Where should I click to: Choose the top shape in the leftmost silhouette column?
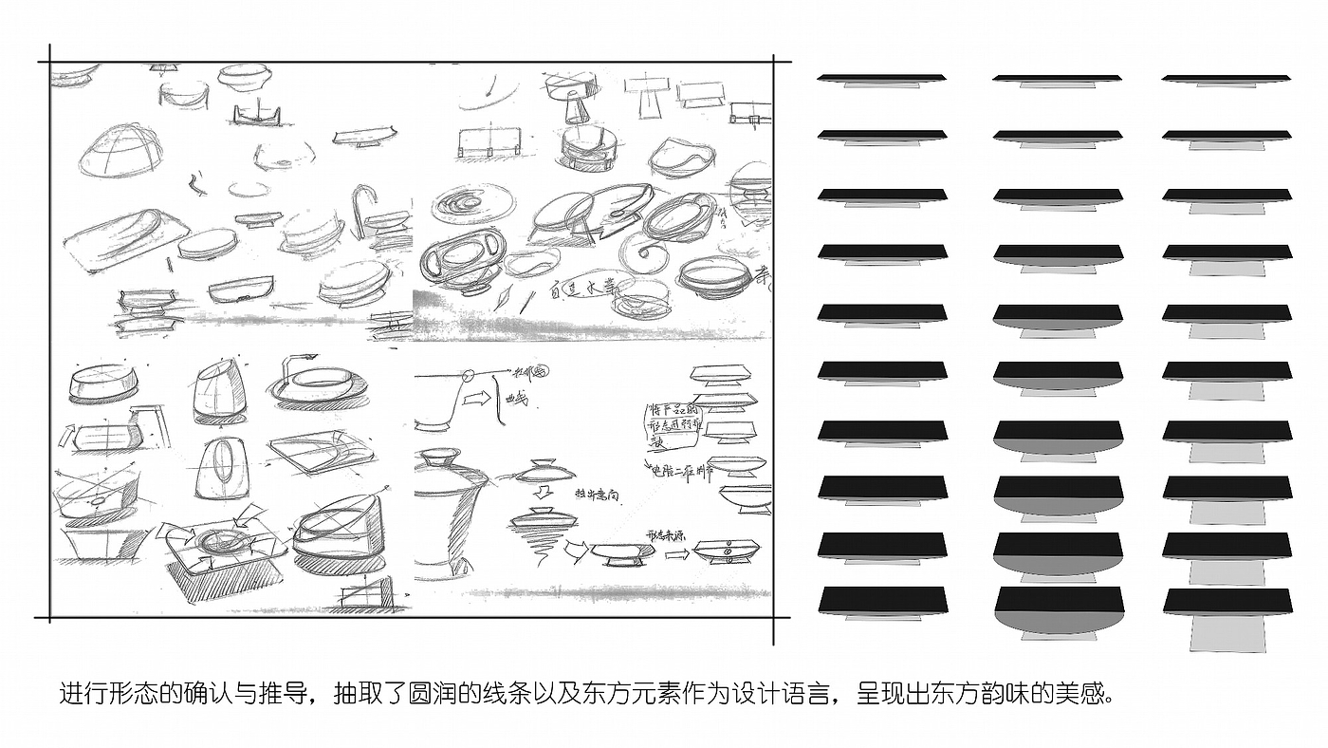[x=882, y=79]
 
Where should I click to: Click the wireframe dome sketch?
[x=119, y=152]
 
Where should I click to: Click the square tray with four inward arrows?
[x=226, y=545]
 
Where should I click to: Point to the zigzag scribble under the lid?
[x=535, y=539]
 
